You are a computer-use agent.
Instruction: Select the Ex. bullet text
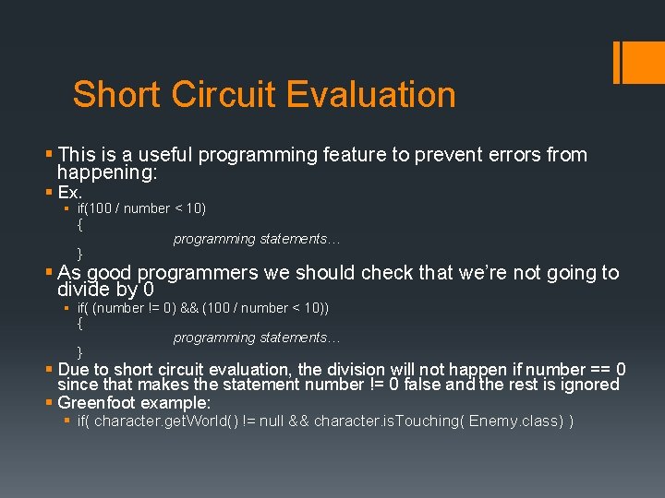(70, 193)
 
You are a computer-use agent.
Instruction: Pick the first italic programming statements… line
(257, 239)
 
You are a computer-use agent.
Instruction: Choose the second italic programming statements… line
(257, 338)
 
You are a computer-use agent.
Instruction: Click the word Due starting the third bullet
(74, 369)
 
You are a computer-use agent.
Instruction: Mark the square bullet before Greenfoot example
(49, 403)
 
